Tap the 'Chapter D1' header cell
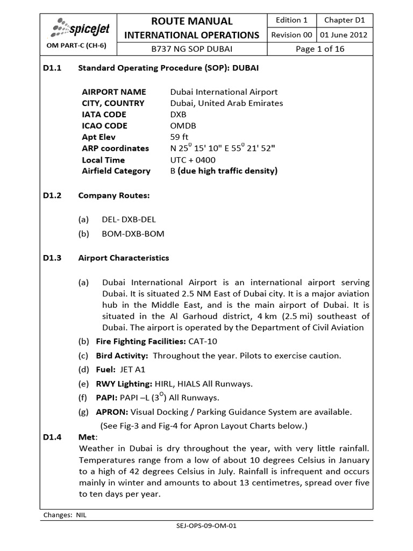345,20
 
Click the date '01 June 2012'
345,35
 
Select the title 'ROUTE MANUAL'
192,21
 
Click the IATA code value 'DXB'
179,115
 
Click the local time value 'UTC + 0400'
193,160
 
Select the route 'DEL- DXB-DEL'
130,220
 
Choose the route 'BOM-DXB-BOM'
133,234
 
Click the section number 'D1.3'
53,258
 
